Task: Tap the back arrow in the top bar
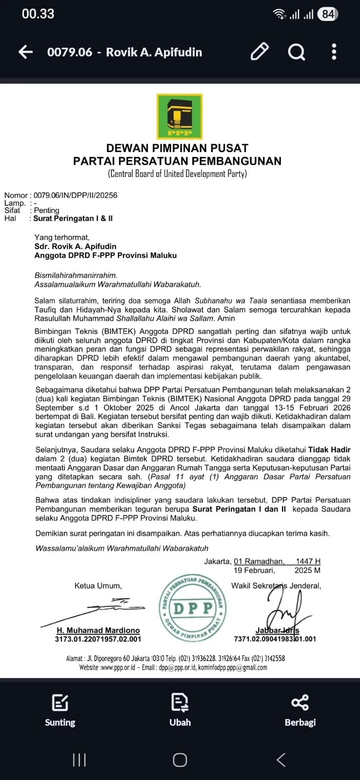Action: (25, 52)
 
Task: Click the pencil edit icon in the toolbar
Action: (260, 52)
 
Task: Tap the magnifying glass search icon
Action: (296, 52)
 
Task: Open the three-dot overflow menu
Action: (334, 52)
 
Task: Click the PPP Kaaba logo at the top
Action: (180, 117)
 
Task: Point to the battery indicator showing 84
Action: (327, 14)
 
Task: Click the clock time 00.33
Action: (38, 14)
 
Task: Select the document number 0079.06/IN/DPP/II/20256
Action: (75, 195)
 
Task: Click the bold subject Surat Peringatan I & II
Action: (73, 218)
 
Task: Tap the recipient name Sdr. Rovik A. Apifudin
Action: (75, 246)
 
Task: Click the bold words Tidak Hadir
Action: (330, 449)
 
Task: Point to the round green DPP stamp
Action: (193, 607)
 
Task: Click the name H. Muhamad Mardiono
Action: (98, 630)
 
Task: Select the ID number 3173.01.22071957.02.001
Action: (98, 639)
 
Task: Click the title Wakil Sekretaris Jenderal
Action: (276, 585)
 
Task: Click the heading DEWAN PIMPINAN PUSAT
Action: (178, 148)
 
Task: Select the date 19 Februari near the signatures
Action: (254, 570)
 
